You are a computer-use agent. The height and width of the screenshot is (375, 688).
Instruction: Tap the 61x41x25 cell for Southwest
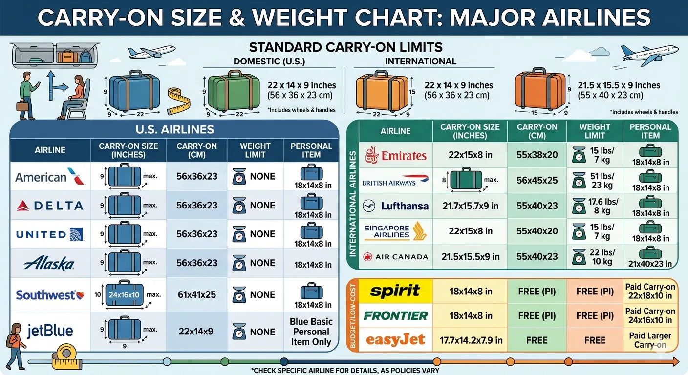(196, 295)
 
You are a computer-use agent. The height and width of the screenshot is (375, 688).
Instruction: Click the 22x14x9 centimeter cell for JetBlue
(196, 332)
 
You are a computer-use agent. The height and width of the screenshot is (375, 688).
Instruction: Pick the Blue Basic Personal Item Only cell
(311, 332)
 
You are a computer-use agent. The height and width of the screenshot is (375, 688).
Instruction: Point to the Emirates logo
(396, 155)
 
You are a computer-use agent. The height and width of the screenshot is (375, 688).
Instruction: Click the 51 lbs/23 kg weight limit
(595, 181)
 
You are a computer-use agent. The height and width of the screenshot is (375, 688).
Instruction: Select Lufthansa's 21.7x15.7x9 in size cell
(470, 206)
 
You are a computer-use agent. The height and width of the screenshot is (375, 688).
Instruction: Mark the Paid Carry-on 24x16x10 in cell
(650, 315)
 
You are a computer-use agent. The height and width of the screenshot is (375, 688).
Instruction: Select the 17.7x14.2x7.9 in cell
(470, 340)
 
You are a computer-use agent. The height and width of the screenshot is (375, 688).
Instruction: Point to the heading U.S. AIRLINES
(174, 129)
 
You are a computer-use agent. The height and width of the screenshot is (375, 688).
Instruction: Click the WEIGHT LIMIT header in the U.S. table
(255, 150)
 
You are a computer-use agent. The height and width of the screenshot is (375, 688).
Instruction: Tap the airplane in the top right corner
(650, 55)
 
